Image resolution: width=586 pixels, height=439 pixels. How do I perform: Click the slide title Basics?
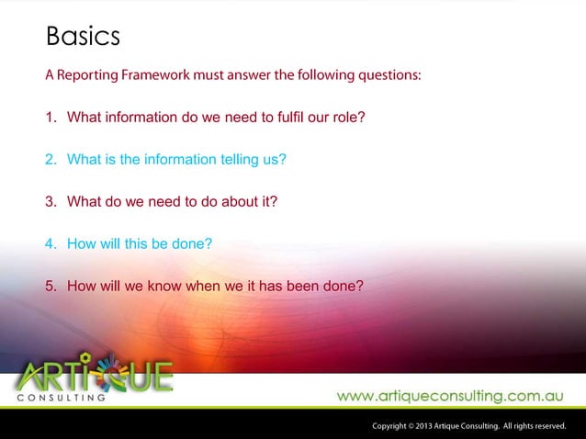coord(83,38)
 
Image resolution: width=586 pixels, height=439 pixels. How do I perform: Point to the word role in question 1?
coord(349,118)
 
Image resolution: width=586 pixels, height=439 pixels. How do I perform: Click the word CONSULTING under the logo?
coord(60,399)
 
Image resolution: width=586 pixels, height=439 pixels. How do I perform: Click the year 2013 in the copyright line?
coord(423,426)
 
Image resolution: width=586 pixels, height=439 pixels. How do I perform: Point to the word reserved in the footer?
coord(547,426)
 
